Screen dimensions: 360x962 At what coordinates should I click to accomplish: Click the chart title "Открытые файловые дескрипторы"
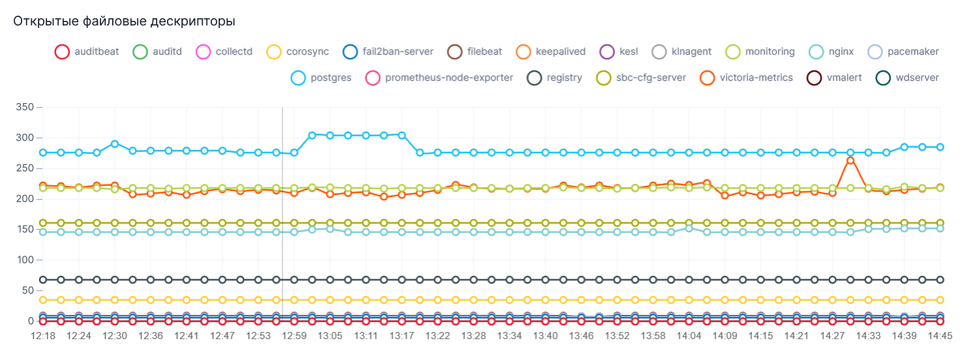tap(124, 22)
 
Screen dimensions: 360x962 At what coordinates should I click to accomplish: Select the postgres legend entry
tap(321, 78)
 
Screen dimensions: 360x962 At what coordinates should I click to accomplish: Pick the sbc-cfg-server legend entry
tap(641, 78)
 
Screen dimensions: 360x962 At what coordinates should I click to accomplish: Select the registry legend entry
tap(555, 78)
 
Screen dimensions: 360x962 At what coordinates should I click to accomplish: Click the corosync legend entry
tap(297, 52)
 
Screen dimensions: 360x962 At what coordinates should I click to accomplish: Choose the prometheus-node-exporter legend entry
tap(439, 78)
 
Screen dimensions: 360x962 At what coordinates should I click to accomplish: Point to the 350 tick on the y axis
tap(23, 106)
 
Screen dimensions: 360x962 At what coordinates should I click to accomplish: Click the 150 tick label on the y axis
tap(23, 229)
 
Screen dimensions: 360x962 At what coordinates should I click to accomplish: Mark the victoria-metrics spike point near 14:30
tap(850, 160)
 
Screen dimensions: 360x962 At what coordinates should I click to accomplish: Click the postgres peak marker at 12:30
tap(115, 143)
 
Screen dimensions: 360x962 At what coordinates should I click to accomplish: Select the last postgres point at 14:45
tap(940, 147)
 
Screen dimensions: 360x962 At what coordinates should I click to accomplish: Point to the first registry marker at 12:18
tap(43, 280)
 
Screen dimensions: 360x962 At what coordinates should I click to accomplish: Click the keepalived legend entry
tap(550, 52)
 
